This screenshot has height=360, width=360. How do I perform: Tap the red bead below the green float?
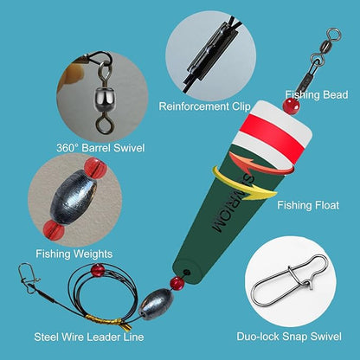click(x=177, y=284)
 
